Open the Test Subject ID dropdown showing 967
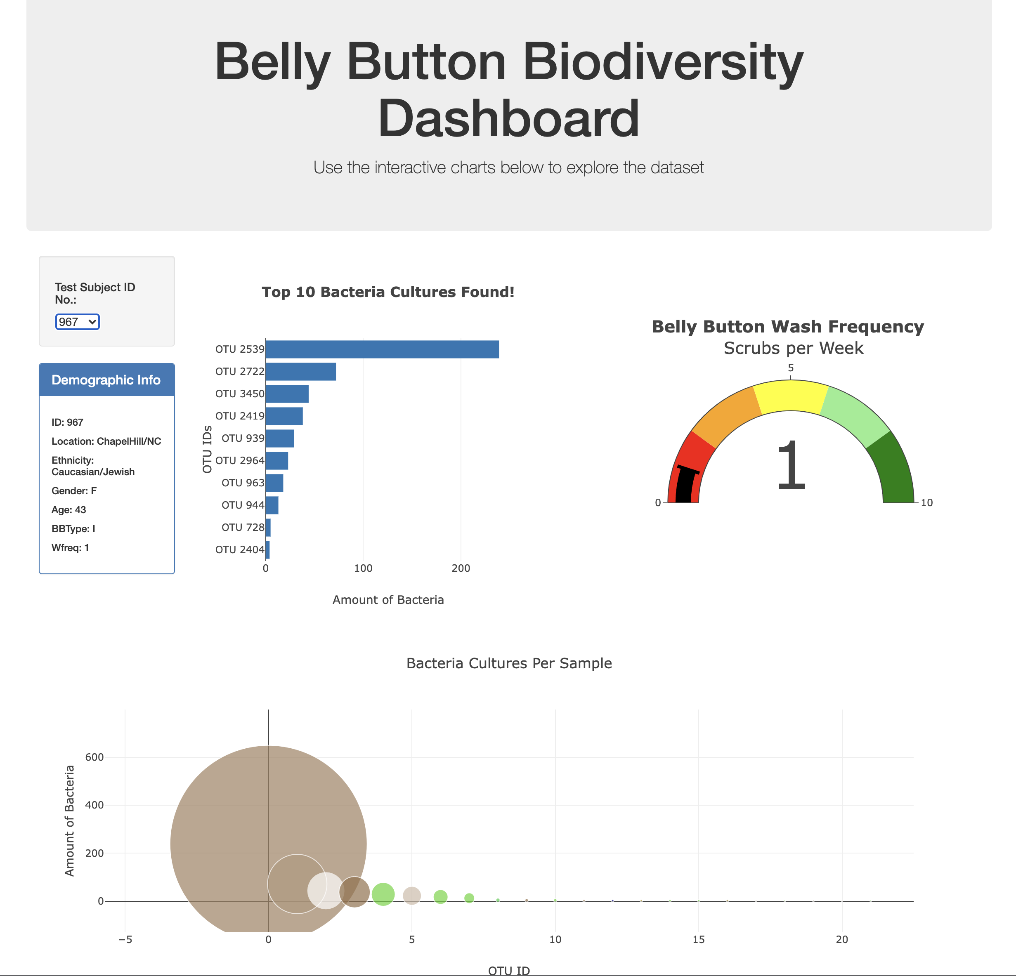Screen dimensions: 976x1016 coord(77,322)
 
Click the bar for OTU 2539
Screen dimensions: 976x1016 coord(382,349)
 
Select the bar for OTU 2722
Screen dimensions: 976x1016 coord(301,371)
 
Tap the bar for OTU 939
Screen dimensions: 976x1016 coord(280,438)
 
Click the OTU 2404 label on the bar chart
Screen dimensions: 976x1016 coord(239,549)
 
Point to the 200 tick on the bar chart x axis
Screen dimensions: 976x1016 coord(460,568)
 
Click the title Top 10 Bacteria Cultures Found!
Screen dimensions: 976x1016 coord(388,292)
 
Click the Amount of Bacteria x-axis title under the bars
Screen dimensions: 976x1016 coord(388,600)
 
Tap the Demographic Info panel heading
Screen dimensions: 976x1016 coord(106,380)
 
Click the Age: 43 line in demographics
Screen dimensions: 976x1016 coord(69,510)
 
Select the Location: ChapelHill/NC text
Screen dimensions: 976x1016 coord(106,441)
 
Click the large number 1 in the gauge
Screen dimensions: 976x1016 coord(791,465)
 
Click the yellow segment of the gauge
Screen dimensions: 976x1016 coord(791,396)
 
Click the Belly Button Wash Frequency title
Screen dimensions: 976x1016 coord(787,327)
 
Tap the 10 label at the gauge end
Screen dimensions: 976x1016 coord(926,502)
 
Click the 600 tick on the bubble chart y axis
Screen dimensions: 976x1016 coord(95,757)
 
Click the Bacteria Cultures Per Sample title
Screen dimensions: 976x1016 coord(509,664)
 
